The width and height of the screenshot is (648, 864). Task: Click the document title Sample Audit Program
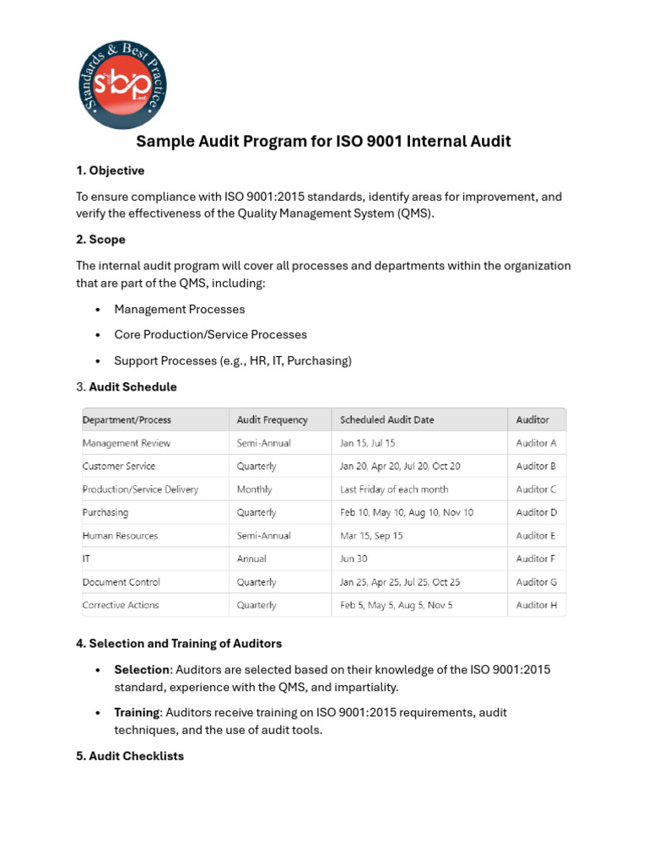pos(323,141)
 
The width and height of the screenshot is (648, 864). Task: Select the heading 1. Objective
pos(110,170)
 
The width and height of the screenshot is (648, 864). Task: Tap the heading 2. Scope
pos(100,240)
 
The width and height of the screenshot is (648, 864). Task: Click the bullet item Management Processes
pos(179,310)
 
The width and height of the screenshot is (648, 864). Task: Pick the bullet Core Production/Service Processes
pos(210,335)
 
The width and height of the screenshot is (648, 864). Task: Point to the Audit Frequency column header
pos(272,419)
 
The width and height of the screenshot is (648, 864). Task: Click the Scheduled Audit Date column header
pos(386,419)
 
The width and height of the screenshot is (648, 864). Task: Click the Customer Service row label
pos(119,466)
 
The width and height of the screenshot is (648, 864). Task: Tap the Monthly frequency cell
pos(255,489)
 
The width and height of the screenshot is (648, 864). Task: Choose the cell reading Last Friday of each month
pos(393,489)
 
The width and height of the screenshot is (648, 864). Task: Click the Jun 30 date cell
pos(354,559)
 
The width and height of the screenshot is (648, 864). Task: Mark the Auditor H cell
pos(536,605)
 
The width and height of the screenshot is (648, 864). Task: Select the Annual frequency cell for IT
pos(251,559)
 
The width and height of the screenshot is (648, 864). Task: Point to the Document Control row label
pos(121,582)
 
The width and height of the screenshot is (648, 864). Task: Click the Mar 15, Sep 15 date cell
pos(371,536)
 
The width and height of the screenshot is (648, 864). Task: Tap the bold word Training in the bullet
pos(136,713)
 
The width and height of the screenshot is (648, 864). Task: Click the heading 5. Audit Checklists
pos(130,756)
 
